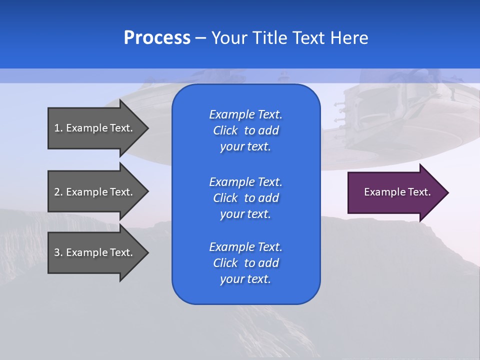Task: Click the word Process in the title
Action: coord(157,38)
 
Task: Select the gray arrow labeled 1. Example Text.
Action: coord(95,128)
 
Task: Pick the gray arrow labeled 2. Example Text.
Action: coord(95,192)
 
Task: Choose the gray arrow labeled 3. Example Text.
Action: coord(95,252)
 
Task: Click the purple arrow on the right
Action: coord(395,192)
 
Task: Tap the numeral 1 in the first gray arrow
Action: coord(57,128)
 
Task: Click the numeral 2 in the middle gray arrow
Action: coord(57,192)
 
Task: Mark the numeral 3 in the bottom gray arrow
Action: coord(57,252)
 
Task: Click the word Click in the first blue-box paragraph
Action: coord(225,131)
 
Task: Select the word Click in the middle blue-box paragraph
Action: coord(225,198)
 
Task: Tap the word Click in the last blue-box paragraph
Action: coord(225,263)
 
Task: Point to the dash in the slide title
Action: coord(200,38)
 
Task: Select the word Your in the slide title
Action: coord(228,38)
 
